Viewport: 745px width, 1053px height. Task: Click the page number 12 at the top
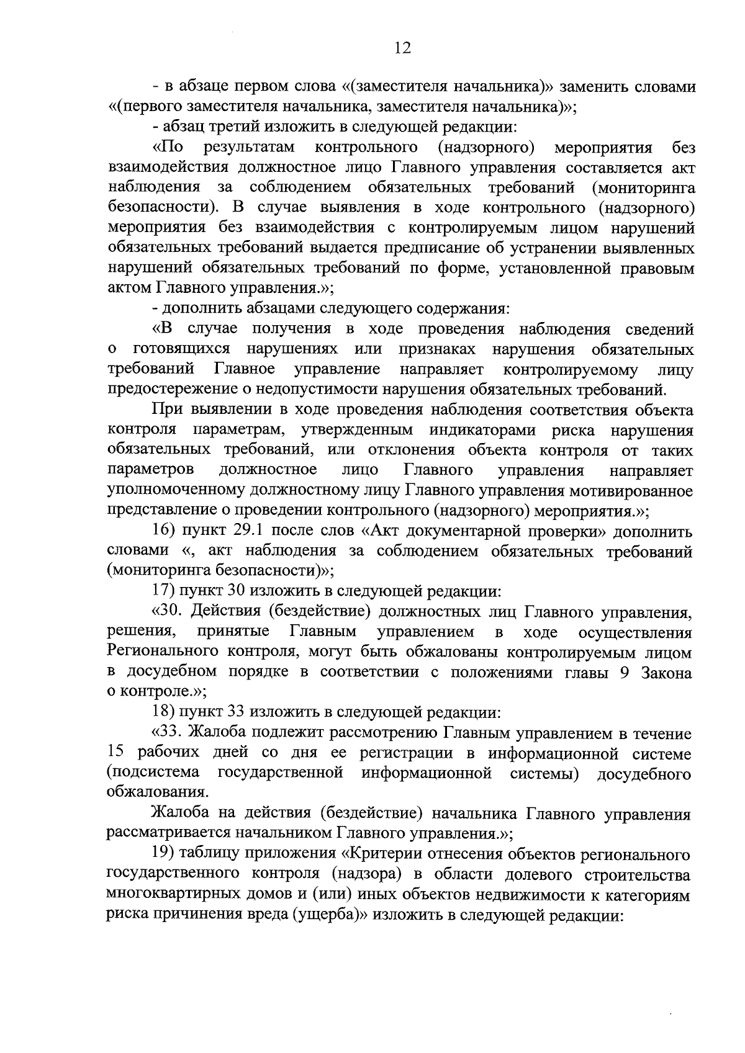click(402, 48)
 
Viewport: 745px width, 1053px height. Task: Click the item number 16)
click(166, 532)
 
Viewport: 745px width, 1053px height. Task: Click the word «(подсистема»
click(153, 774)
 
